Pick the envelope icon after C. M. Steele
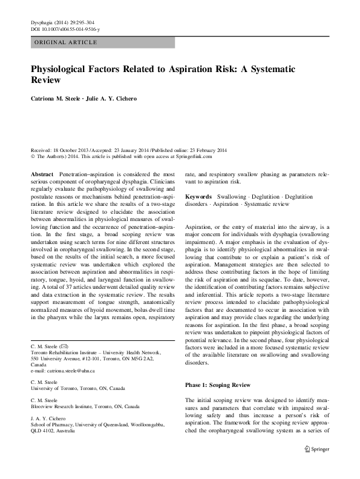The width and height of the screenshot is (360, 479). (71, 346)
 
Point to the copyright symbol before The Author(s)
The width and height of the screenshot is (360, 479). (32, 156)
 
